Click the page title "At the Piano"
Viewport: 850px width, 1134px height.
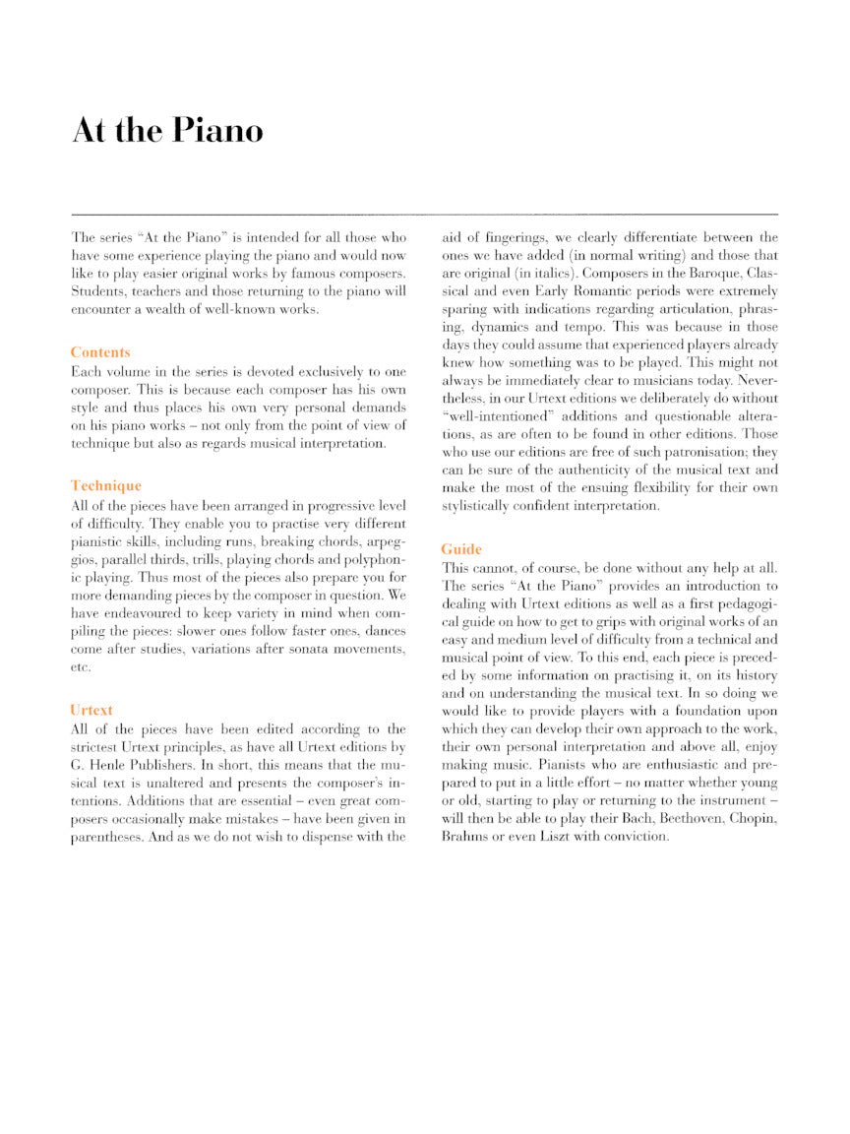167,131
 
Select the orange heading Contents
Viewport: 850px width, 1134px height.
100,352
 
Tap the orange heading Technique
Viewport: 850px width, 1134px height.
106,485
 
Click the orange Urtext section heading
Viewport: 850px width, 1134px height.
91,709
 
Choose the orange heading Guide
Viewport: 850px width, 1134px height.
461,548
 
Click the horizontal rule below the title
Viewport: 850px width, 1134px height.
425,214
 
